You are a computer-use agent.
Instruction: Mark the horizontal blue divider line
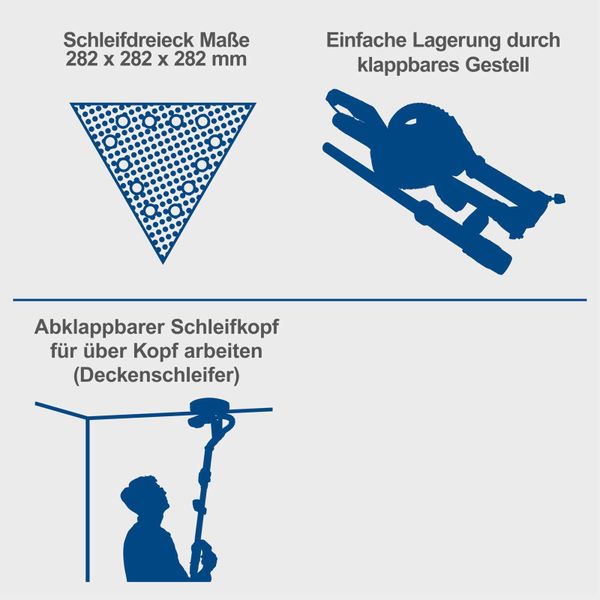tap(300, 299)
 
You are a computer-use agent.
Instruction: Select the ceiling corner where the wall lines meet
tap(89, 419)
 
